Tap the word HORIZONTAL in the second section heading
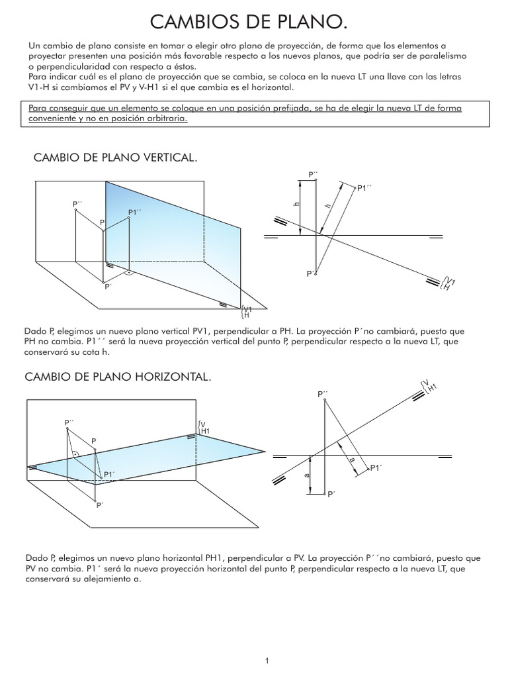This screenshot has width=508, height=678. click(x=171, y=377)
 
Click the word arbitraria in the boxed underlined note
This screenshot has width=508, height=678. click(x=167, y=119)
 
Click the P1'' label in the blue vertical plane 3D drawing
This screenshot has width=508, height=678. click(x=136, y=212)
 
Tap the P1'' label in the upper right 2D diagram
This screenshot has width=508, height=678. click(x=364, y=188)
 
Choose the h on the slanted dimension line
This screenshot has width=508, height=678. click(x=327, y=207)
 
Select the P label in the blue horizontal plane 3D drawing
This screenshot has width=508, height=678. click(x=94, y=440)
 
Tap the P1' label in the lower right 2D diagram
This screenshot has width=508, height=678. click(x=376, y=468)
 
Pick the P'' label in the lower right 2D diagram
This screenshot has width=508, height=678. click(x=323, y=394)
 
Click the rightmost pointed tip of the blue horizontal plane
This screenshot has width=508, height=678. click(x=265, y=452)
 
